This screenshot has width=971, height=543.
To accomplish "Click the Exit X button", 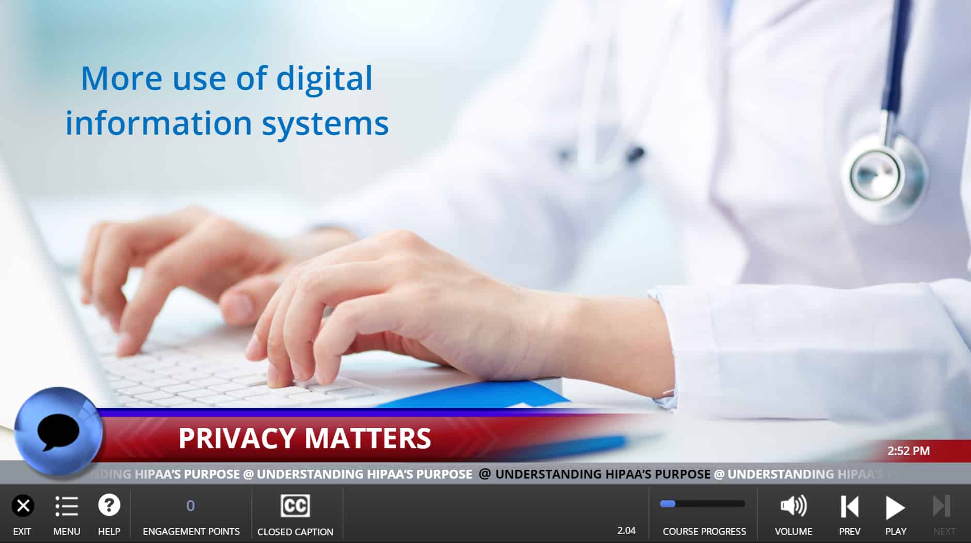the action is [23, 506].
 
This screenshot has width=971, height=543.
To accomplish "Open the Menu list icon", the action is [67, 506].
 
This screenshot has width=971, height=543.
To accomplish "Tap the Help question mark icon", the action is [109, 505].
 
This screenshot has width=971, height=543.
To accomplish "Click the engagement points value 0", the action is [190, 506].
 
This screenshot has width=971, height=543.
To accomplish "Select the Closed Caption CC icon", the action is [295, 506].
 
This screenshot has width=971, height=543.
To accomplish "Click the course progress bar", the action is [703, 504].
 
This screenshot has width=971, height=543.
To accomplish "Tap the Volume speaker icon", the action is [793, 506].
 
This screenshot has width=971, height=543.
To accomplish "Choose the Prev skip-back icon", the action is [849, 506].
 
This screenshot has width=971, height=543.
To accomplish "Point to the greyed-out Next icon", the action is [942, 506].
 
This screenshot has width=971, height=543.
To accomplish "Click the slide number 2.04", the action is [626, 530].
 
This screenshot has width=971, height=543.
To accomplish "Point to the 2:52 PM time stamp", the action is [909, 451].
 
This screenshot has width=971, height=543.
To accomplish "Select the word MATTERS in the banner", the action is [368, 438].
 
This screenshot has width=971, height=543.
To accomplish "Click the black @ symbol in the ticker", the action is [484, 474].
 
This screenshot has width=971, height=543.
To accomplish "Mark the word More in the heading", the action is [122, 79].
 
